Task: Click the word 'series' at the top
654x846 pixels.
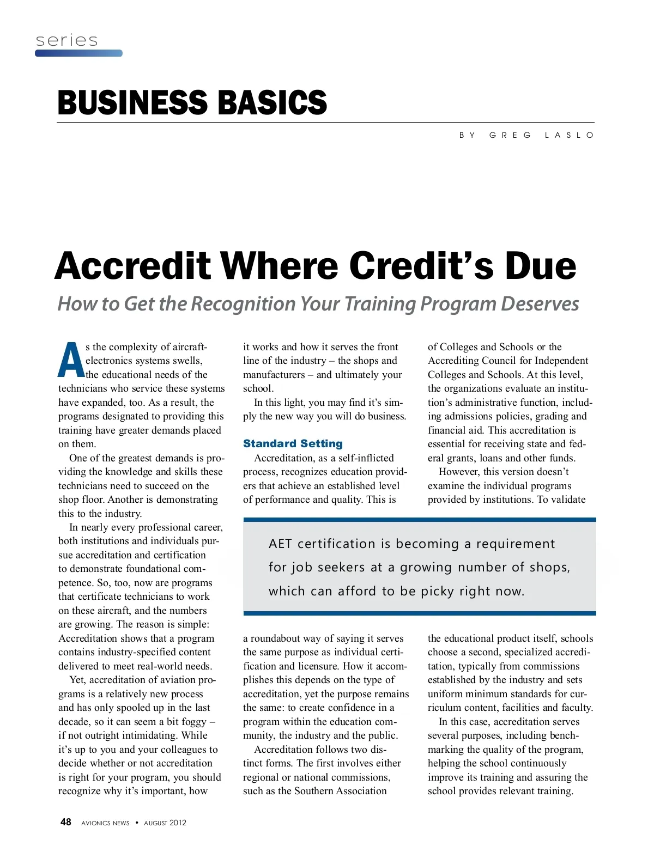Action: click(66, 40)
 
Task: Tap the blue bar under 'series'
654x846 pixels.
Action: click(78, 53)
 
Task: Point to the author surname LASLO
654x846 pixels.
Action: click(569, 135)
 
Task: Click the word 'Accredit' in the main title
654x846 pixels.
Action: click(132, 266)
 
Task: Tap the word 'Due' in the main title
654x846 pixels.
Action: click(540, 266)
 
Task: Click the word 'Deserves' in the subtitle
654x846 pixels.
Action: click(540, 304)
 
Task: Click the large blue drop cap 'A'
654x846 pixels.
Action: click(71, 361)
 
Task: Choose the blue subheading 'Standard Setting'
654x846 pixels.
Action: click(293, 443)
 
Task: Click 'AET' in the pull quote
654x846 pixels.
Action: click(280, 544)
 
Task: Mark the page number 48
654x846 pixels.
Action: click(65, 822)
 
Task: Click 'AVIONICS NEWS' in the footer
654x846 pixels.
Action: click(105, 823)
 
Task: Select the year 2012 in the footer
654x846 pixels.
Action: click(178, 823)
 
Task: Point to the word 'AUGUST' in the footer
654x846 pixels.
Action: click(155, 823)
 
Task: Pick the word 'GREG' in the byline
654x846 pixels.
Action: click(510, 135)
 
